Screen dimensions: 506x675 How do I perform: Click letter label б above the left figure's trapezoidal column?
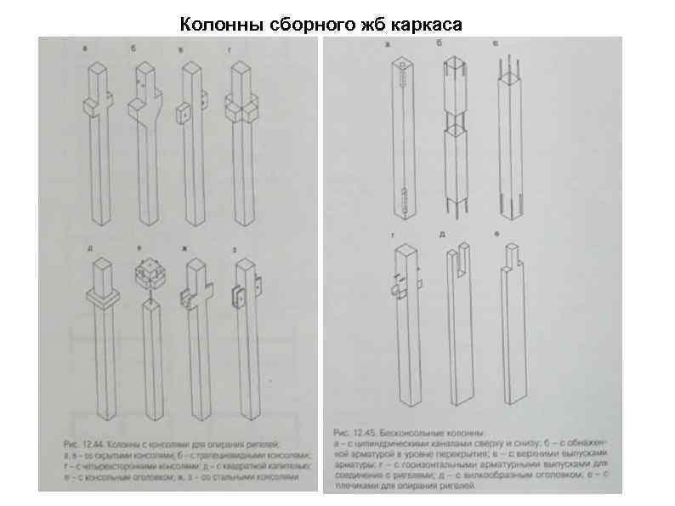tap(133, 49)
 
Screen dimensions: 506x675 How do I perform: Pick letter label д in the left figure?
tap(90, 248)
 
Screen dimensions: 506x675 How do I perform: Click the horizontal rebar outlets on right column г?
tap(397, 281)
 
